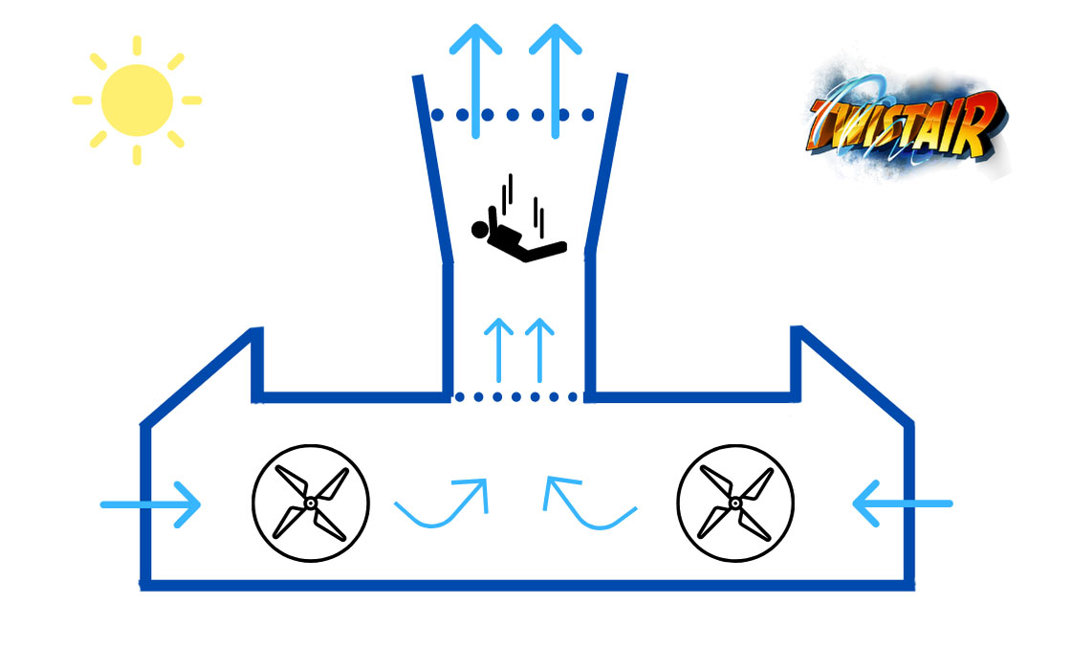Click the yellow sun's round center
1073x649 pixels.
click(x=137, y=100)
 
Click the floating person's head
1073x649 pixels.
click(x=480, y=230)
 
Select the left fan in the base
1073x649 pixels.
click(x=311, y=504)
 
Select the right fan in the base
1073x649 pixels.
click(x=735, y=504)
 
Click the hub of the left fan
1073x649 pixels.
click(x=311, y=504)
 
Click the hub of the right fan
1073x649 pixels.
click(x=735, y=504)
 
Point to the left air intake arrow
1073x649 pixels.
click(x=150, y=504)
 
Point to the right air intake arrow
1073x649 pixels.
click(x=903, y=504)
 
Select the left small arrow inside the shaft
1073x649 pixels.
click(x=499, y=349)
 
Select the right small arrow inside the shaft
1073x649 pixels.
click(x=540, y=349)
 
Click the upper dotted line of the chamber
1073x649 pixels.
click(x=513, y=115)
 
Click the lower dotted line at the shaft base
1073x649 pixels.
click(x=516, y=396)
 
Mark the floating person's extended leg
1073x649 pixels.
click(x=544, y=251)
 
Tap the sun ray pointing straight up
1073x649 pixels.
click(x=137, y=45)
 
